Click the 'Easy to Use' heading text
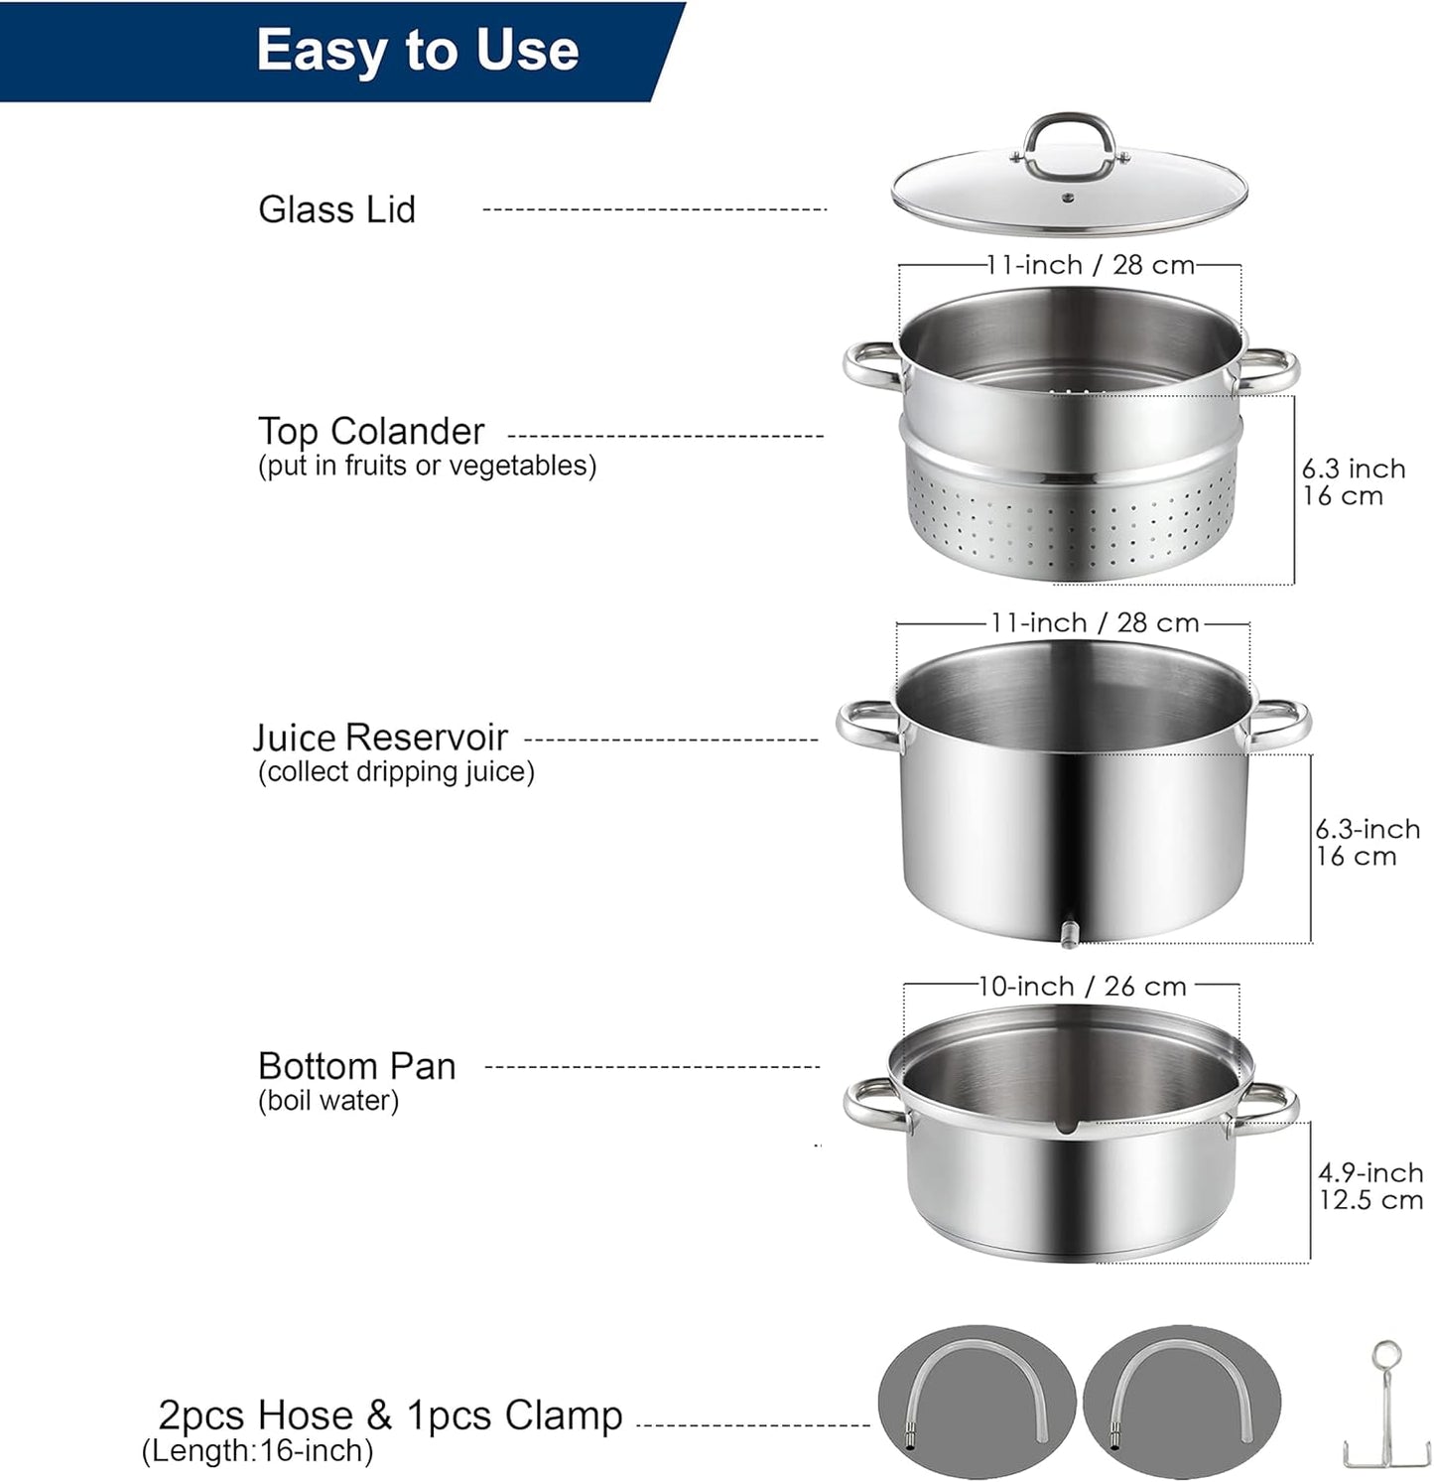[417, 50]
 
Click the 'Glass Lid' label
[336, 209]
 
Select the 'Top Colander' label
[371, 431]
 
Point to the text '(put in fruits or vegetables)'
[427, 466]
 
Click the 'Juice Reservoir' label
[380, 738]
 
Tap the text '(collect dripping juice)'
[396, 772]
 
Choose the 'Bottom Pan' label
[356, 1066]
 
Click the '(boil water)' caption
[328, 1101]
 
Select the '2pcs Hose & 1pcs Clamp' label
[390, 1415]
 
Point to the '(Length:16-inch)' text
[258, 1451]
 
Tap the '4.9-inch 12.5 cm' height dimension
[1369, 1186]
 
